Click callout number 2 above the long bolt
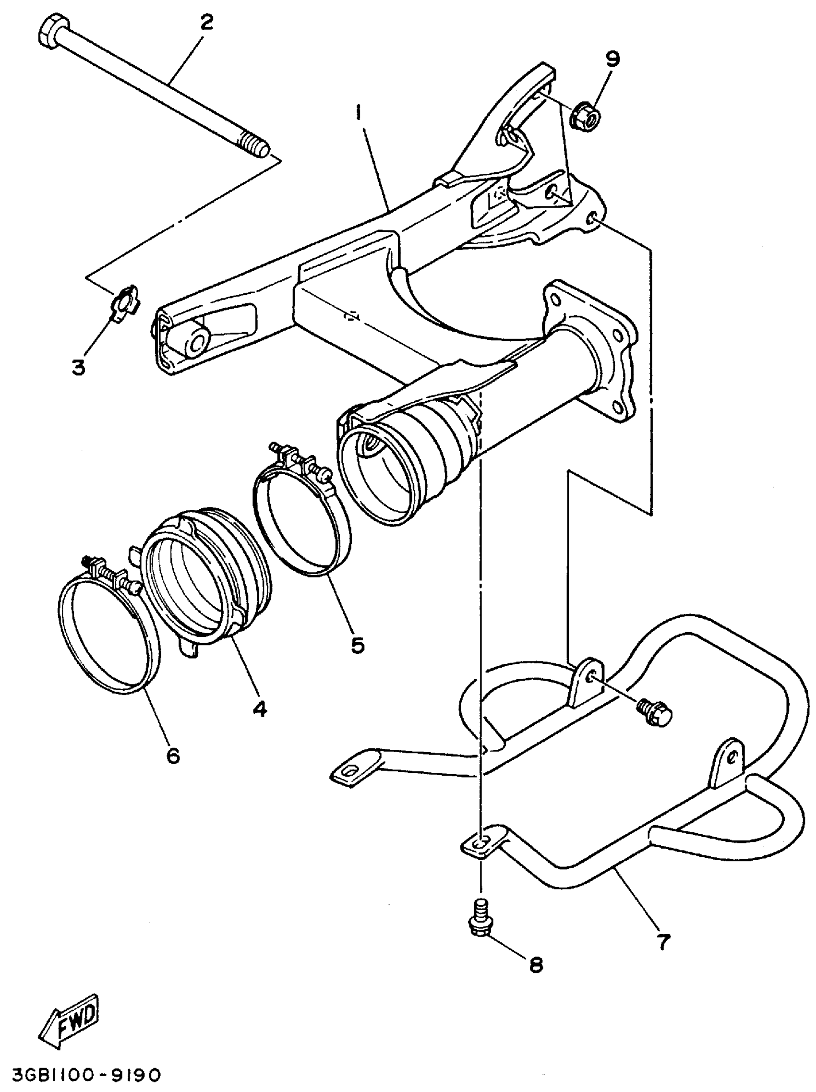207,23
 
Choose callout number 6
173,756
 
